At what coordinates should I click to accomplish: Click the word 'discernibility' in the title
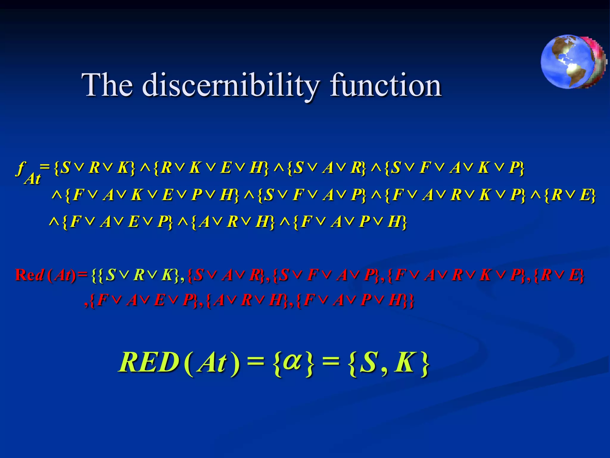pos(231,85)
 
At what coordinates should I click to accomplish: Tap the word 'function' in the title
pos(386,85)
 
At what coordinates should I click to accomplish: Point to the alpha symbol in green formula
pos(292,361)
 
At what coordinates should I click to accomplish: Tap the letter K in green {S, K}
pos(404,362)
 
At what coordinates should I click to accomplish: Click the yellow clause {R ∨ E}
pos(569,195)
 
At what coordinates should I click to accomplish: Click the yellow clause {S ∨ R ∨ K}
pos(95,168)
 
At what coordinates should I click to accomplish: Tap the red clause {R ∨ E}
pos(558,275)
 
